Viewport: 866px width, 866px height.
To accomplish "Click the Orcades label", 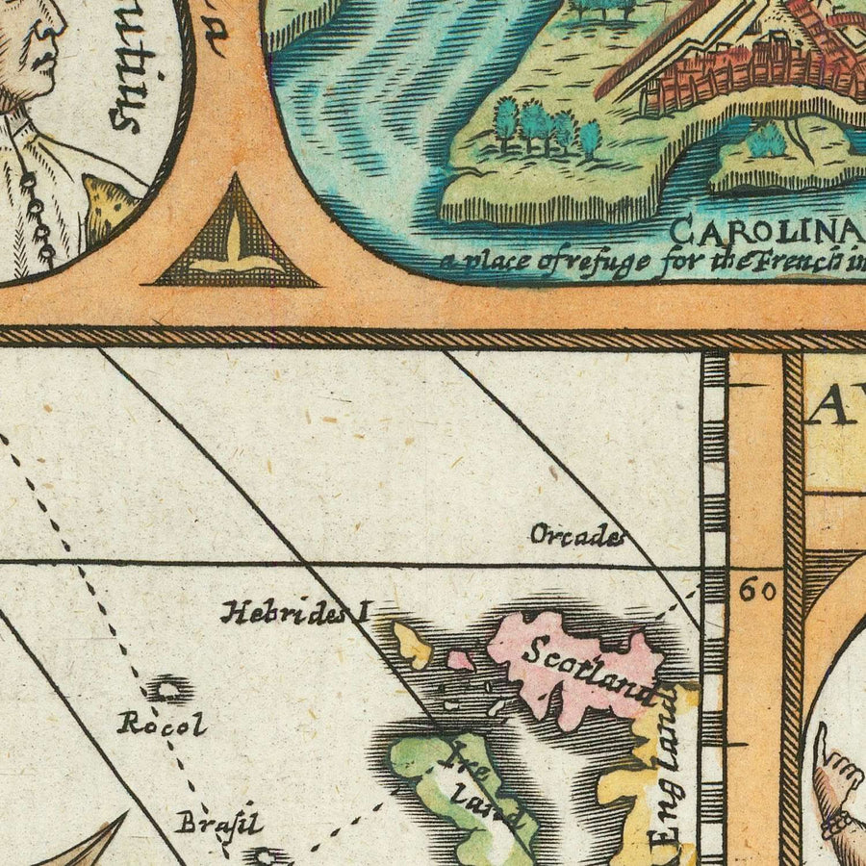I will click(576, 536).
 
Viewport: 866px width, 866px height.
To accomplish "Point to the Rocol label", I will click(162, 724).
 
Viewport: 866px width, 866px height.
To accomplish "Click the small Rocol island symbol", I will click(170, 689).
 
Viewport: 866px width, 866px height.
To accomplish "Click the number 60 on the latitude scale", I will click(758, 591).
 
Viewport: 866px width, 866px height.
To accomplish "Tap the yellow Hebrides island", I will click(413, 646).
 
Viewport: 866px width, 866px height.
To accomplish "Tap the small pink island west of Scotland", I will click(461, 660).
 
